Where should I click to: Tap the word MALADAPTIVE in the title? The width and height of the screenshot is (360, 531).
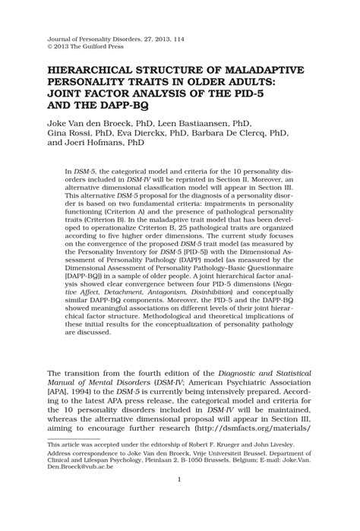(x=272, y=69)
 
